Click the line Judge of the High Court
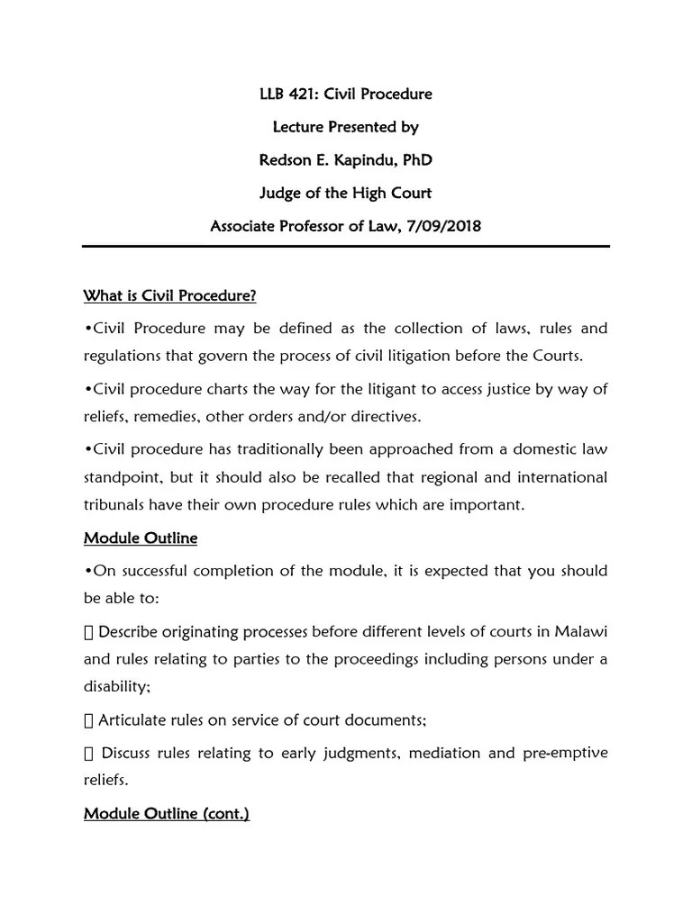tap(345, 193)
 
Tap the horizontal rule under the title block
tap(346, 246)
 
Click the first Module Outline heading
tap(141, 538)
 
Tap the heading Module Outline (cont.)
tap(167, 814)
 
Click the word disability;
tap(117, 687)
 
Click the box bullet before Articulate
tap(88, 720)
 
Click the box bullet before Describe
tap(88, 630)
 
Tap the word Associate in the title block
tap(246, 226)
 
